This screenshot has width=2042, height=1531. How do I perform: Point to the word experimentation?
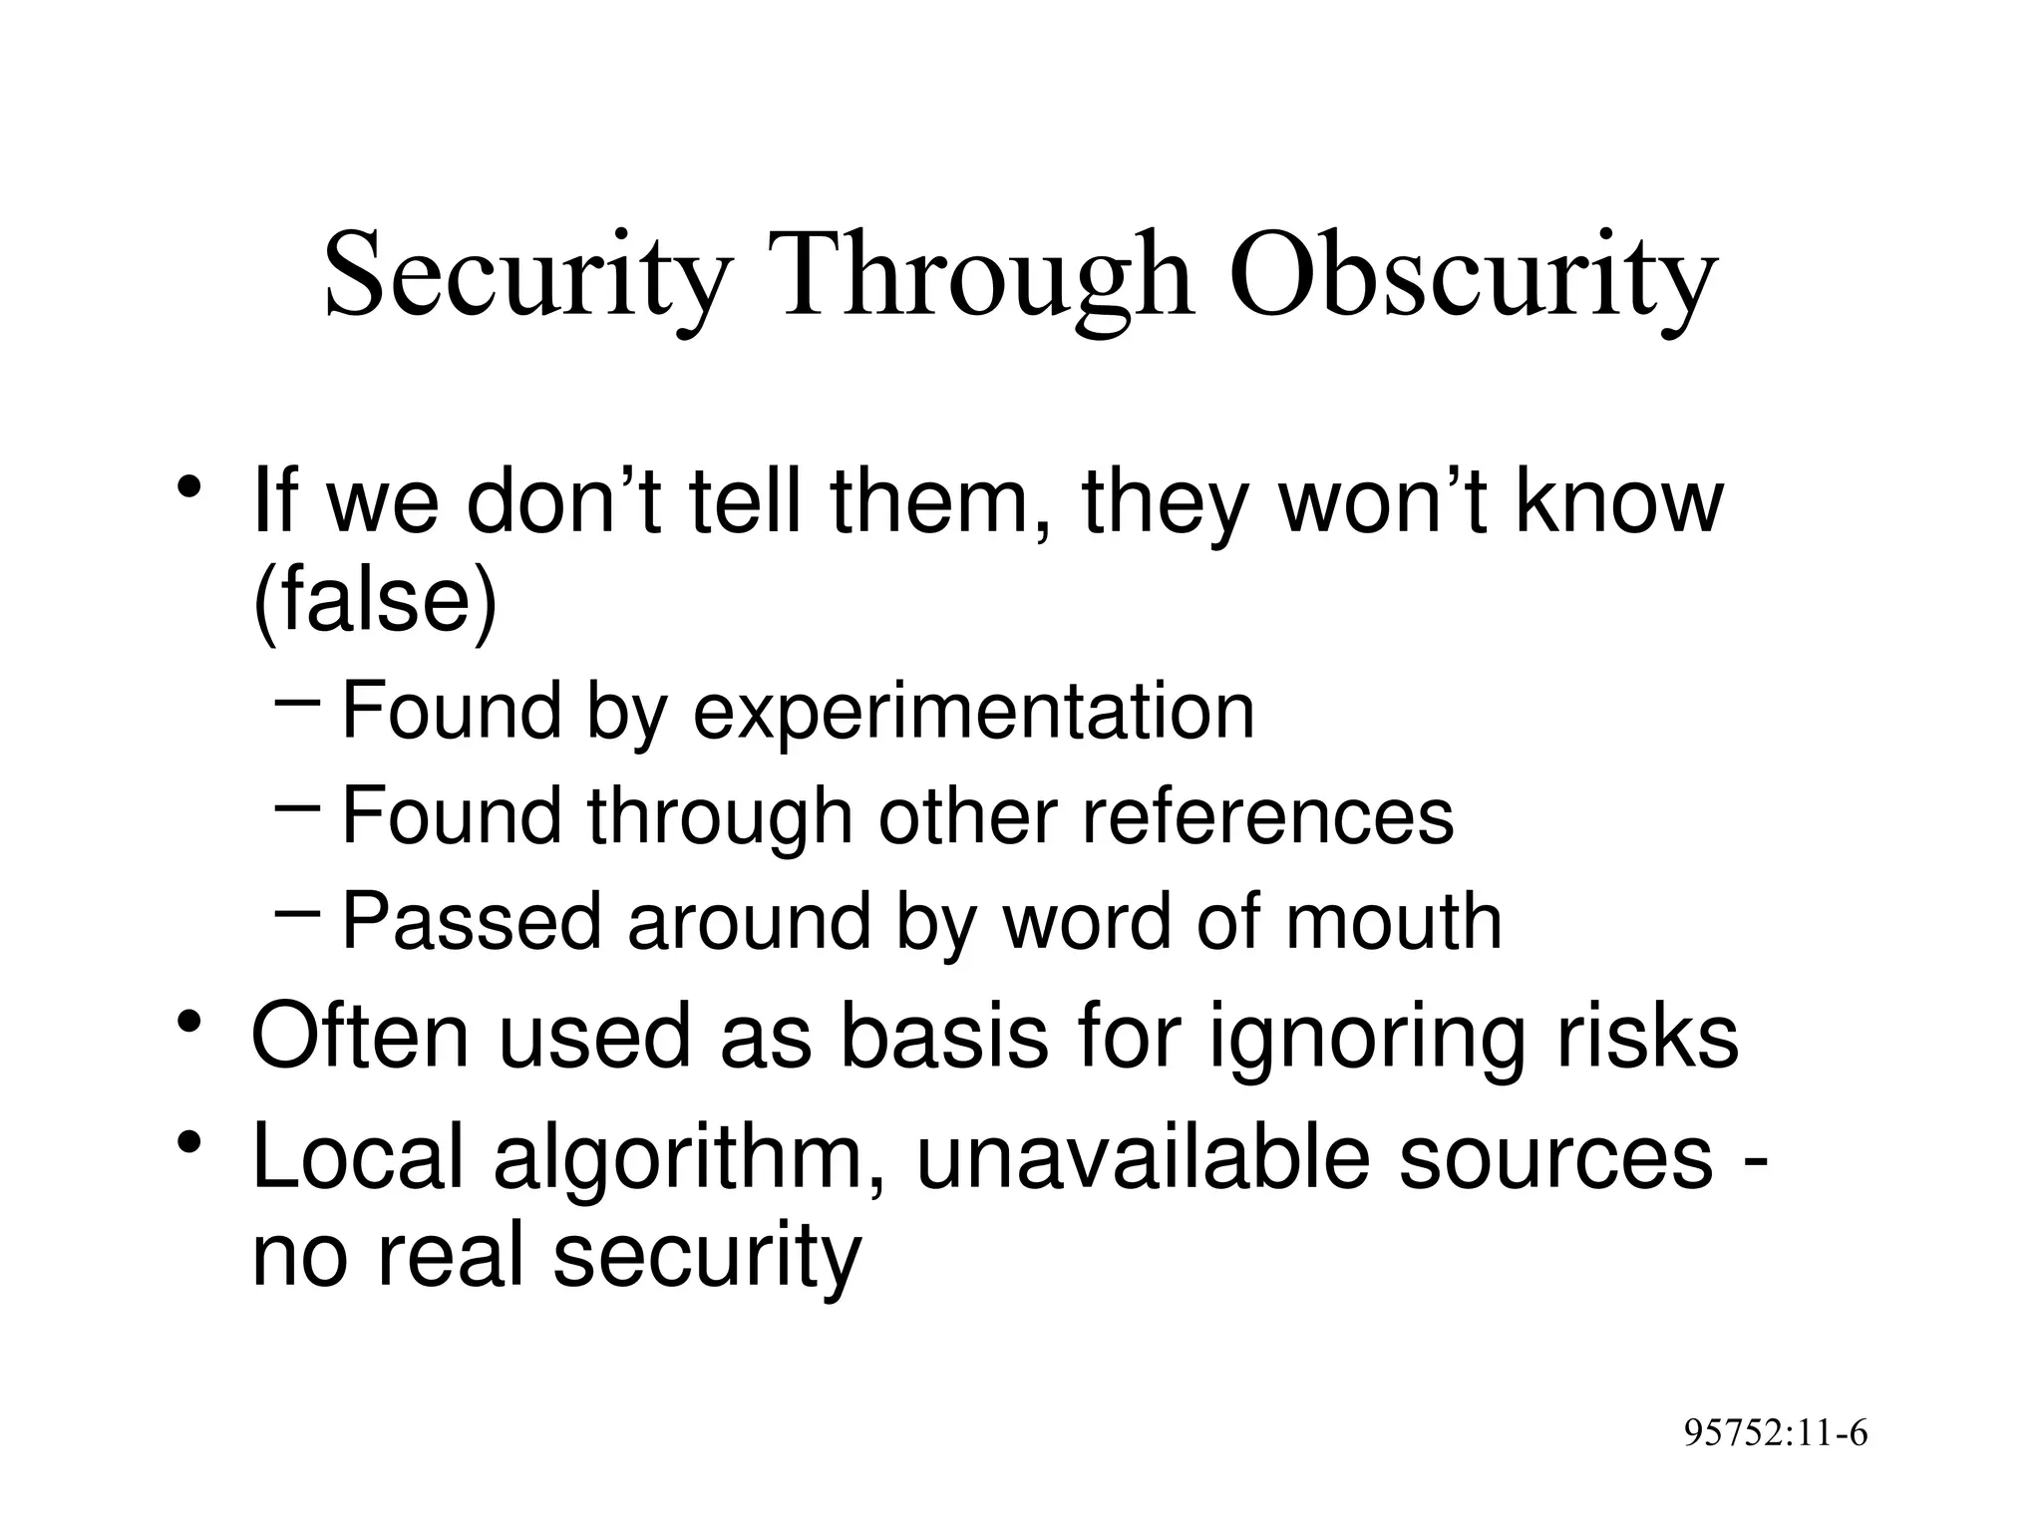click(973, 714)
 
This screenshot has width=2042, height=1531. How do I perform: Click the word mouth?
click(1393, 922)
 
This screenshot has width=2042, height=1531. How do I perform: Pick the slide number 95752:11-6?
click(1775, 1433)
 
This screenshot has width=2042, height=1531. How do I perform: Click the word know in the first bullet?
click(1618, 502)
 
